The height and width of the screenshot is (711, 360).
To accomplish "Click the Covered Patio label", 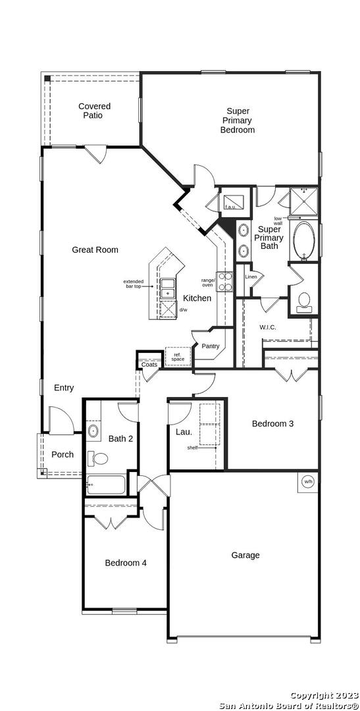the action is pyautogui.click(x=94, y=111).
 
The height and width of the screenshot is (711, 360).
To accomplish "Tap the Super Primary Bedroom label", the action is pyautogui.click(x=238, y=120).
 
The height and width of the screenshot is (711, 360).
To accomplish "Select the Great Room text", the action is pyautogui.click(x=95, y=250).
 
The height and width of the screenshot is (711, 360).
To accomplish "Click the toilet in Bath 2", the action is pyautogui.click(x=97, y=458).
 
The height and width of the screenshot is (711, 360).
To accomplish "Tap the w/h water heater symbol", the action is pyautogui.click(x=308, y=481).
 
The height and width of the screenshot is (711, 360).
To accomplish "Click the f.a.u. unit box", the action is pyautogui.click(x=234, y=199).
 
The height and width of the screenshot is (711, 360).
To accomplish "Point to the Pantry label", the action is pyautogui.click(x=211, y=346).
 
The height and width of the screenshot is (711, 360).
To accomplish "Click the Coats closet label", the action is pyautogui.click(x=149, y=365).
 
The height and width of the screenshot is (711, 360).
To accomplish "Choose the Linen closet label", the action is pyautogui.click(x=251, y=276).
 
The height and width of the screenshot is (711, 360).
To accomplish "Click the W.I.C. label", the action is pyautogui.click(x=267, y=327).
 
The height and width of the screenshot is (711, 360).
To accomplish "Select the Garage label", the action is pyautogui.click(x=245, y=555).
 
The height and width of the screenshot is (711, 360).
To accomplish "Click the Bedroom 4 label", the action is pyautogui.click(x=126, y=563).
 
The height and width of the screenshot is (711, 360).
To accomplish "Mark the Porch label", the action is pyautogui.click(x=62, y=454).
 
